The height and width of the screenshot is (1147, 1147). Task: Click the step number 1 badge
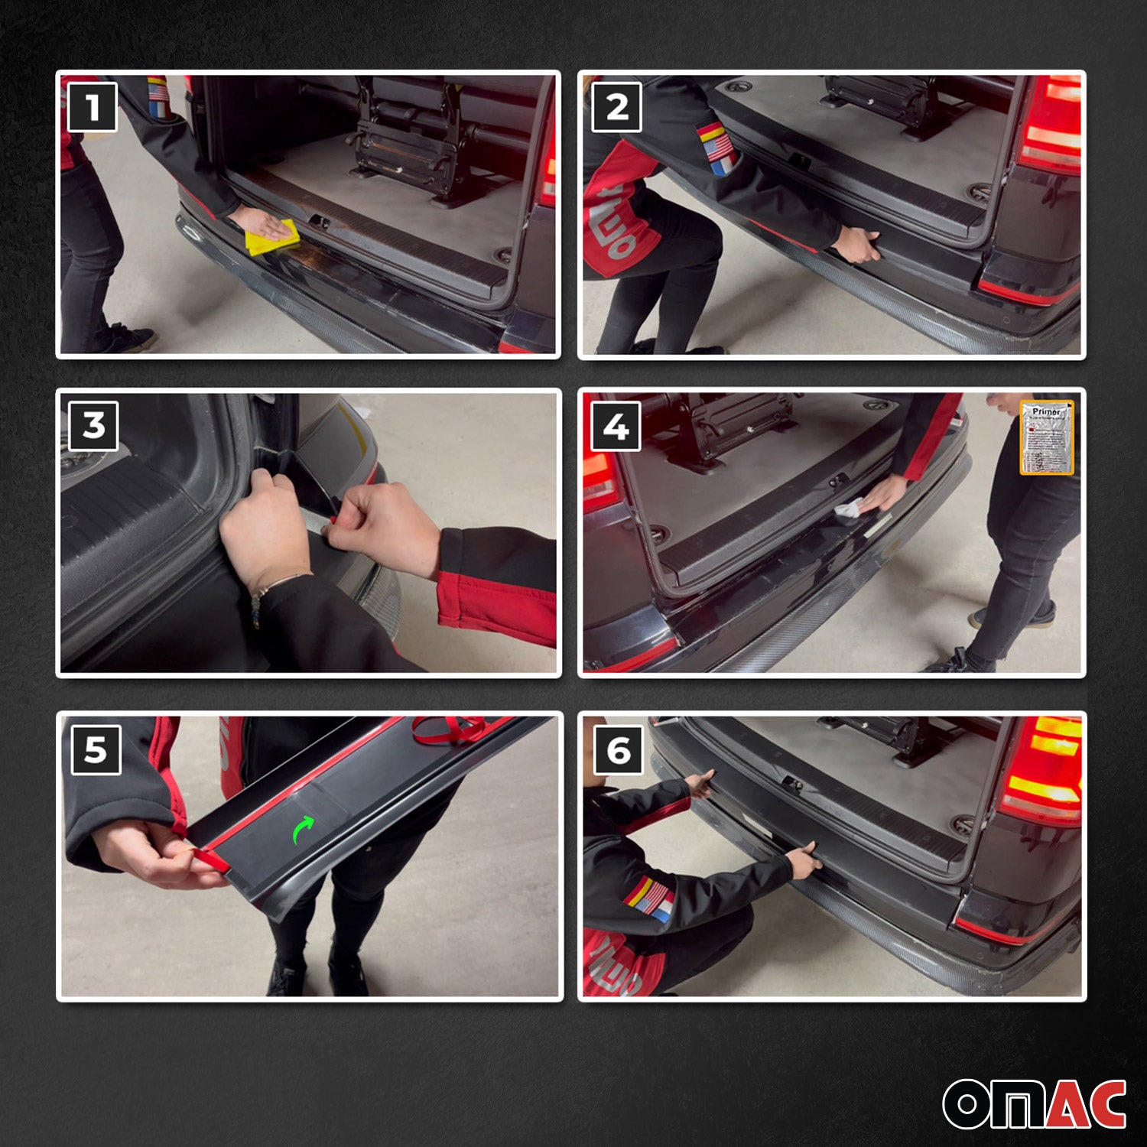tap(93, 107)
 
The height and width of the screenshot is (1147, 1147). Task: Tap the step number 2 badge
tap(616, 107)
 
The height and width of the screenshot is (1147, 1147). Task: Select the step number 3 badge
tap(93, 425)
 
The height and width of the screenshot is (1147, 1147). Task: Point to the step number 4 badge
tap(616, 426)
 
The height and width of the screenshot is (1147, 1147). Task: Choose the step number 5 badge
tap(96, 749)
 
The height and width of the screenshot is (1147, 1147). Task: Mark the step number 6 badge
tap(618, 751)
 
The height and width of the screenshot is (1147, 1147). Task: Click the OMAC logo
tap(1034, 1103)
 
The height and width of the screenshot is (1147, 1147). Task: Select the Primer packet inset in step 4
tap(1046, 437)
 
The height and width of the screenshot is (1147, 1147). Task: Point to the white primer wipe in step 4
tap(849, 508)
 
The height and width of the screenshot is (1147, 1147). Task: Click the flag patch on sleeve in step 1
tap(158, 97)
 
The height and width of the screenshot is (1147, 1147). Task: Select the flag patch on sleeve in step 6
tap(650, 898)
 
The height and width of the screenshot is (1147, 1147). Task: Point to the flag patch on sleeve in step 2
tap(717, 148)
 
